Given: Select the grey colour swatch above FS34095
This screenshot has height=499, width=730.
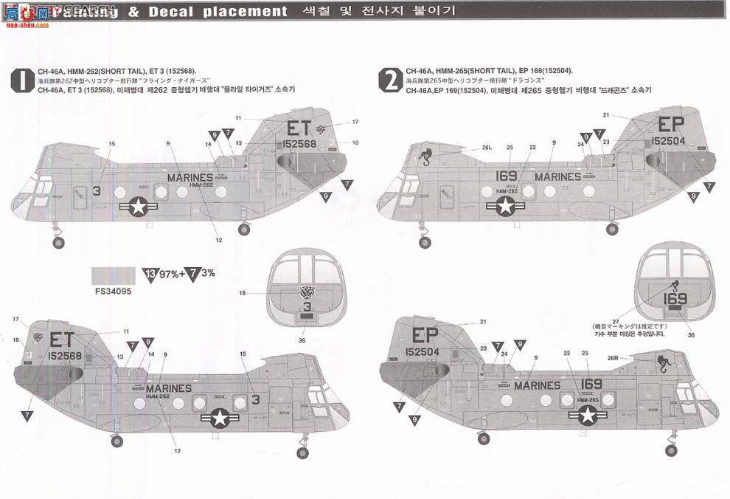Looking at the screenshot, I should tap(112, 275).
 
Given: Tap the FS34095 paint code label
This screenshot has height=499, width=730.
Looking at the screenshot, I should tap(112, 291).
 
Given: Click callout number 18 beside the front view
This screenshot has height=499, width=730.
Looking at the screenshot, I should tap(242, 293).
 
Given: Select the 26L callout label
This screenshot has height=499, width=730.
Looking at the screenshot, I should tap(487, 148).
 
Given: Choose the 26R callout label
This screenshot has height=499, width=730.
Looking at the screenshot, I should tap(613, 357).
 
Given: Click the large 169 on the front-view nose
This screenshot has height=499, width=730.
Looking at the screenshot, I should tap(675, 299).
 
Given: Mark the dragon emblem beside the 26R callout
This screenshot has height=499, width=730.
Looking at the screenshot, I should tap(667, 362).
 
